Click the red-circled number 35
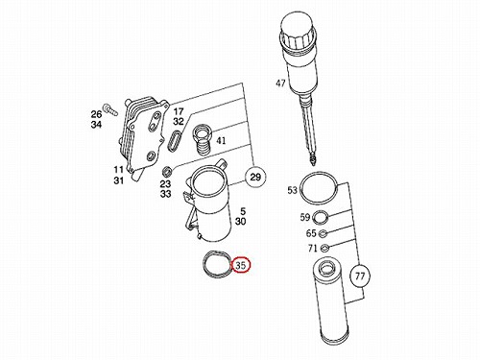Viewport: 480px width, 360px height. [241, 265]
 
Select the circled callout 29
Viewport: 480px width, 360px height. [255, 177]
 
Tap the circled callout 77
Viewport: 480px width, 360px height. [360, 276]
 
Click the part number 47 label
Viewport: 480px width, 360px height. [280, 84]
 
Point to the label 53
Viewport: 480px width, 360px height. [292, 190]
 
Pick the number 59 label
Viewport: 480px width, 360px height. [305, 218]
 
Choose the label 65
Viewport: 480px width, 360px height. [311, 233]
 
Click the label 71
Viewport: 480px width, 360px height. [312, 248]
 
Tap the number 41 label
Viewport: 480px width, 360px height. [221, 140]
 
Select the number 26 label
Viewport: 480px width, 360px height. [96, 114]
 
